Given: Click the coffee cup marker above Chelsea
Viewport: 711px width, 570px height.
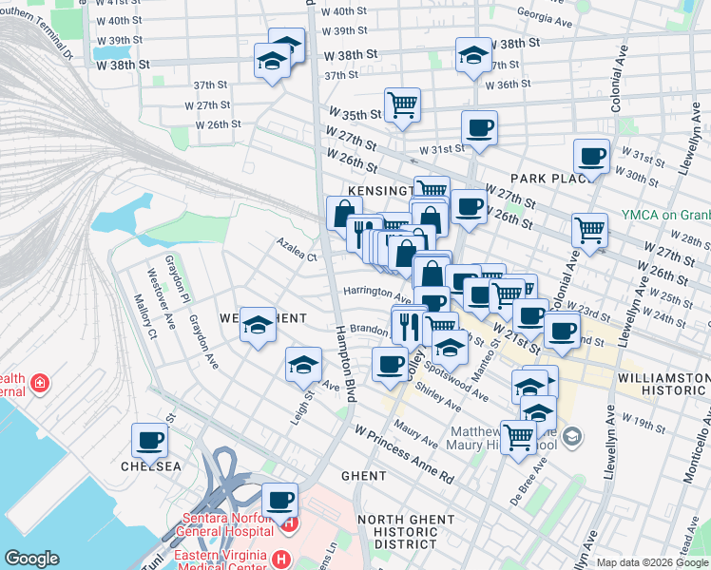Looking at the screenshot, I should (x=150, y=440).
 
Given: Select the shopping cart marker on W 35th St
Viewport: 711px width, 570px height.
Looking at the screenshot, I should (x=403, y=104).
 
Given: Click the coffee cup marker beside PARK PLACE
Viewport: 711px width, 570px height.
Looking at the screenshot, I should (x=591, y=156).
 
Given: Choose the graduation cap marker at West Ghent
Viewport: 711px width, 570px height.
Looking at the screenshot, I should (x=258, y=325).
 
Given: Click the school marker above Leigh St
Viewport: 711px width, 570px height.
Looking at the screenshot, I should (x=303, y=365).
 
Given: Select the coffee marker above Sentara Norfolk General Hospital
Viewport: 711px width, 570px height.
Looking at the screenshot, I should (x=279, y=499).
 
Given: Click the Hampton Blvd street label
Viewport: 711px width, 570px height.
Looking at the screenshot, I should (x=344, y=367).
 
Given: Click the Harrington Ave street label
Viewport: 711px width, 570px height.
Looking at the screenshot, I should (x=376, y=293).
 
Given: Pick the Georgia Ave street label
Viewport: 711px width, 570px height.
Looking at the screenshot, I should (x=547, y=15).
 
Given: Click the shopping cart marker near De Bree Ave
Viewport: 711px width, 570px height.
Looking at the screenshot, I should (x=518, y=438).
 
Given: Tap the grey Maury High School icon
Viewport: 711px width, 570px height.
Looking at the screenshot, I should (x=571, y=436).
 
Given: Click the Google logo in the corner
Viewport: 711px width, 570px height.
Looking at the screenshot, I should (x=31, y=559).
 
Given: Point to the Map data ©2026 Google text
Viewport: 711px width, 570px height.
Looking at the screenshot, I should (x=652, y=562).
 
